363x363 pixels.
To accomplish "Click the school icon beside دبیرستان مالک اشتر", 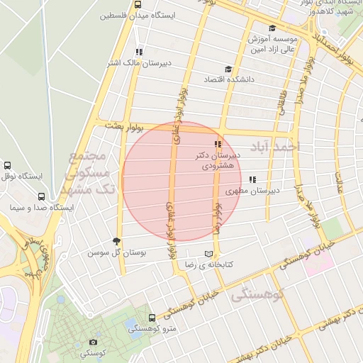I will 139,52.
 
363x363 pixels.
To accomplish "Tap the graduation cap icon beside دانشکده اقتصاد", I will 228,69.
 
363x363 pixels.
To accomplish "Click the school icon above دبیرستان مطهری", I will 252,179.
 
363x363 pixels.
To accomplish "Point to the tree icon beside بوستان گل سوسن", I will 117,242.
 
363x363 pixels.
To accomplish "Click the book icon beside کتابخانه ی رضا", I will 208,254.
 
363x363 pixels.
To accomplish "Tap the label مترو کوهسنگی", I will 152,329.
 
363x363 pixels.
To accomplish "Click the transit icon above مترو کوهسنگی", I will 152,318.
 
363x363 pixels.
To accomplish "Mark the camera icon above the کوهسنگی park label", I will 94,342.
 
